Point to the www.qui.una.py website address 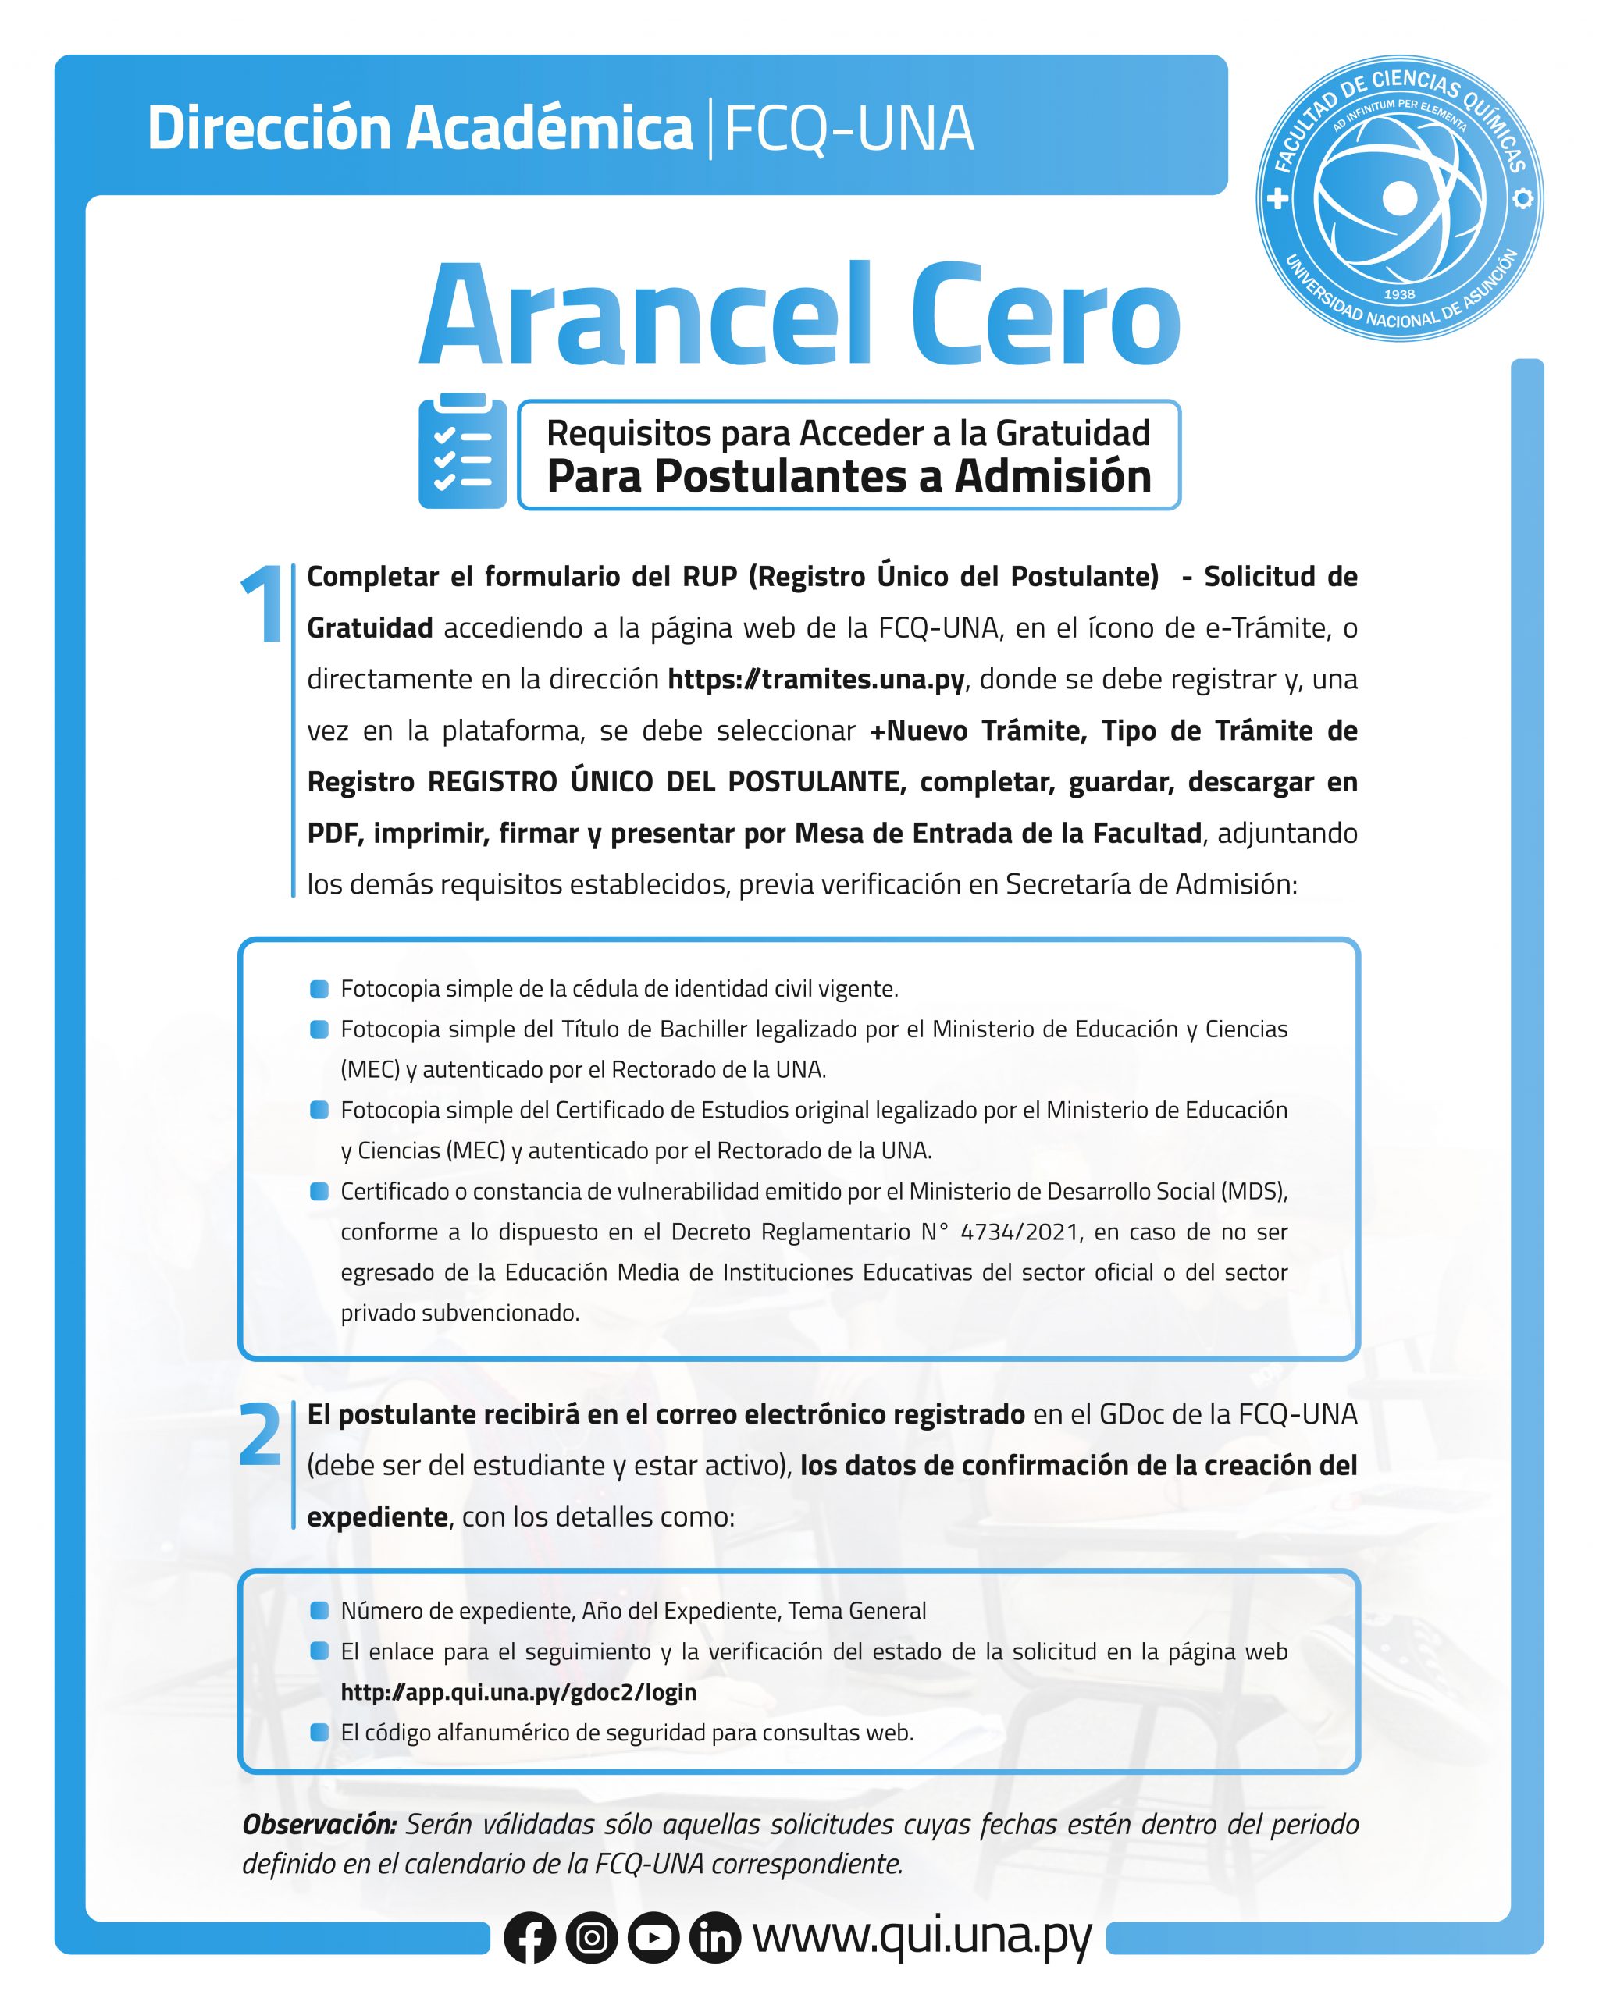(x=922, y=1935)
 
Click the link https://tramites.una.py (x=817, y=679)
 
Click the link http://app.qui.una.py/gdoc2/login (x=518, y=1692)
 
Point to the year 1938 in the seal (x=1399, y=293)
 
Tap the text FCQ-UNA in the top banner (x=848, y=128)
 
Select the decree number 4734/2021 (x=1019, y=1232)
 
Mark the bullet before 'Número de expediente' (x=319, y=1611)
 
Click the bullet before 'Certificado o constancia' (x=319, y=1191)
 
